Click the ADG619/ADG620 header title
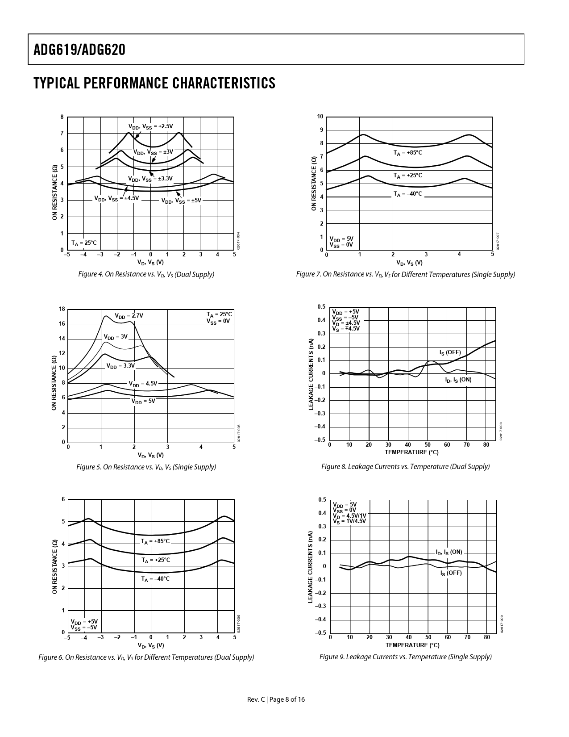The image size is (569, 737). coord(79,50)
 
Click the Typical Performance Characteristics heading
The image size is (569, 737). coord(154,83)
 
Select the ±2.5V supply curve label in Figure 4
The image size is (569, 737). coord(150,126)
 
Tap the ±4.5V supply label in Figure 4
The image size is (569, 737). coord(116,198)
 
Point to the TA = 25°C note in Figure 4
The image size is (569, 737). coord(84,243)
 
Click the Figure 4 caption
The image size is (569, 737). coord(146,274)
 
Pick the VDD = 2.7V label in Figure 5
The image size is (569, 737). coord(129,316)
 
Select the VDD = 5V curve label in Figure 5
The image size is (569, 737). coord(143,401)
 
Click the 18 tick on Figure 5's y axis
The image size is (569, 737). coord(62,309)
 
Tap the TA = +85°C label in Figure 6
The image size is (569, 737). coord(155,541)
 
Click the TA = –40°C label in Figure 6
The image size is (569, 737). coord(155,579)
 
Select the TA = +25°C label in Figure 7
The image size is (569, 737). coord(407,176)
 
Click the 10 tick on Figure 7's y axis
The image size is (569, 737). coord(320,117)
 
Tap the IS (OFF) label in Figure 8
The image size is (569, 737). coord(450,352)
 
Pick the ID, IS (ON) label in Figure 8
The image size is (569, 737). coord(458,380)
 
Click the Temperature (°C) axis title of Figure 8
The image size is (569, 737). coord(411,452)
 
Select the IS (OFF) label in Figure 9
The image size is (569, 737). coord(451,573)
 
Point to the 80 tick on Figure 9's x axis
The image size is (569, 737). coord(487,637)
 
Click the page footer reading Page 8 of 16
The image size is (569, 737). coord(276,699)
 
